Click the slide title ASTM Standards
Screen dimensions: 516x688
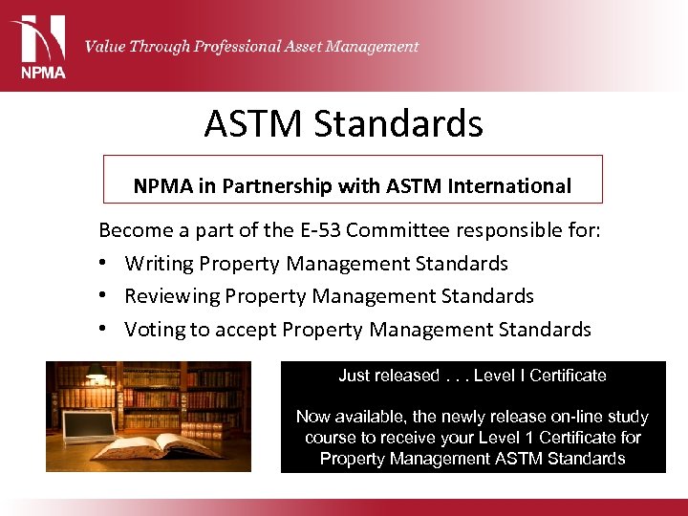[343, 123]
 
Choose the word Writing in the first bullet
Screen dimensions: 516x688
[160, 264]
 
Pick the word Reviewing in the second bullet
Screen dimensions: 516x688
[173, 296]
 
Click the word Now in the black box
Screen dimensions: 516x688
[313, 417]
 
